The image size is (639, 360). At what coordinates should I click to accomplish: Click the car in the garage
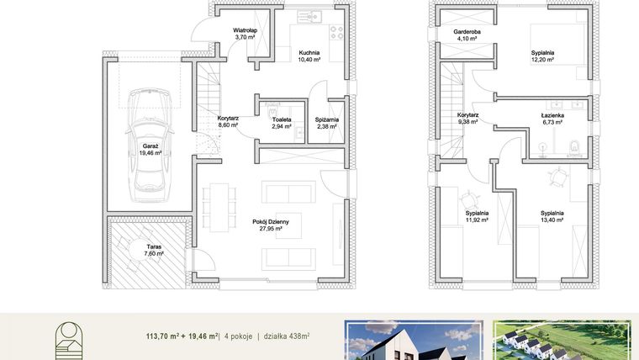point(150,145)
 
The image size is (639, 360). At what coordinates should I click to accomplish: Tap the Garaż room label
point(151,149)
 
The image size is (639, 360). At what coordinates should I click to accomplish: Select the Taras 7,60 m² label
point(154,250)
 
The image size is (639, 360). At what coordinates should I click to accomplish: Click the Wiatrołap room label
point(245,34)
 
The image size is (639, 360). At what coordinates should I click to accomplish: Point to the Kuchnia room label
point(309,56)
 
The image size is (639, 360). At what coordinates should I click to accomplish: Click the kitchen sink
point(309,17)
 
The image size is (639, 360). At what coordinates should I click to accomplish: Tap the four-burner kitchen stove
point(336,33)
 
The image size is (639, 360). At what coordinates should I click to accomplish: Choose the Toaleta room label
point(282,123)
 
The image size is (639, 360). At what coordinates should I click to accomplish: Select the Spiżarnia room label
point(327,123)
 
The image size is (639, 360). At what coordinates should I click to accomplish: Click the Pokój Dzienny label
point(271,225)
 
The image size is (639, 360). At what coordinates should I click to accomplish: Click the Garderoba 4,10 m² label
point(467,35)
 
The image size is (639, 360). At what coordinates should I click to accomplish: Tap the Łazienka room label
point(552,119)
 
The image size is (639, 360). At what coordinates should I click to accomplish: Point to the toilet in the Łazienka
point(574,147)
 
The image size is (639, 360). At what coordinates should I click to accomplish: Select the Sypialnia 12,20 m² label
point(542,56)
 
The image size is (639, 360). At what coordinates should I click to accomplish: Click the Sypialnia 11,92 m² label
point(478,216)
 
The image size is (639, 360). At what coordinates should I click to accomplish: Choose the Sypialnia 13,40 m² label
point(552,216)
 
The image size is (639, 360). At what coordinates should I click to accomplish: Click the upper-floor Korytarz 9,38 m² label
point(467,119)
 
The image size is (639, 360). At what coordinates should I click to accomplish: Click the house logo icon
point(69,341)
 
